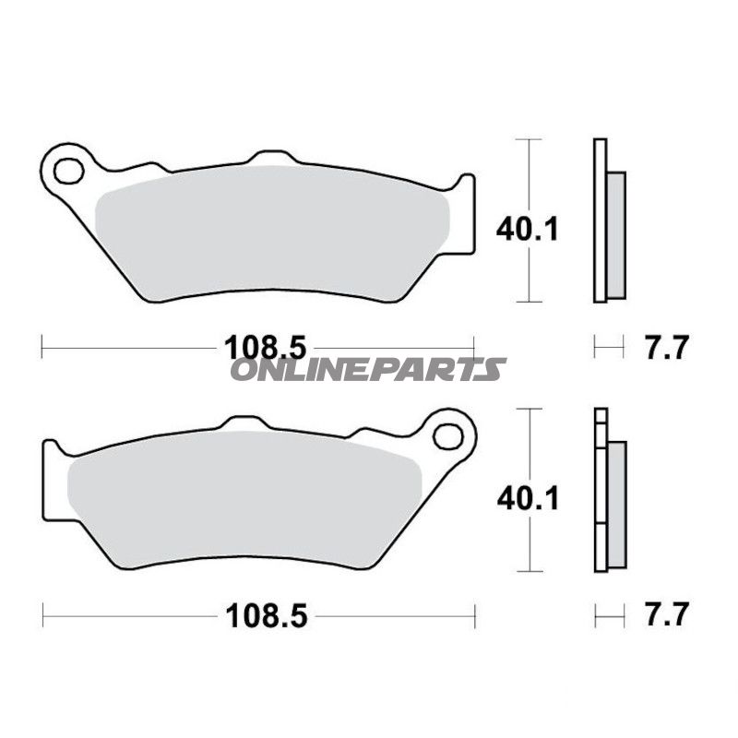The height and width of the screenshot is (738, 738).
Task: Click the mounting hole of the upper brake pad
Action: click(69, 172)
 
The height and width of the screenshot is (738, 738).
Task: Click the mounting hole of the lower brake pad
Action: click(448, 436)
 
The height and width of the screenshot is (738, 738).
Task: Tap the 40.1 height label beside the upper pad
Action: click(528, 230)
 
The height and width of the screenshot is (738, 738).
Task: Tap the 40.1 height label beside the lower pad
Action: click(528, 499)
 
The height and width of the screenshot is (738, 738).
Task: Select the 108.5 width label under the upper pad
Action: click(266, 349)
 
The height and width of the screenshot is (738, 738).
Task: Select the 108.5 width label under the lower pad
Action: click(267, 615)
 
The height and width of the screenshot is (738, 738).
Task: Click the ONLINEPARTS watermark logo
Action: click(368, 369)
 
